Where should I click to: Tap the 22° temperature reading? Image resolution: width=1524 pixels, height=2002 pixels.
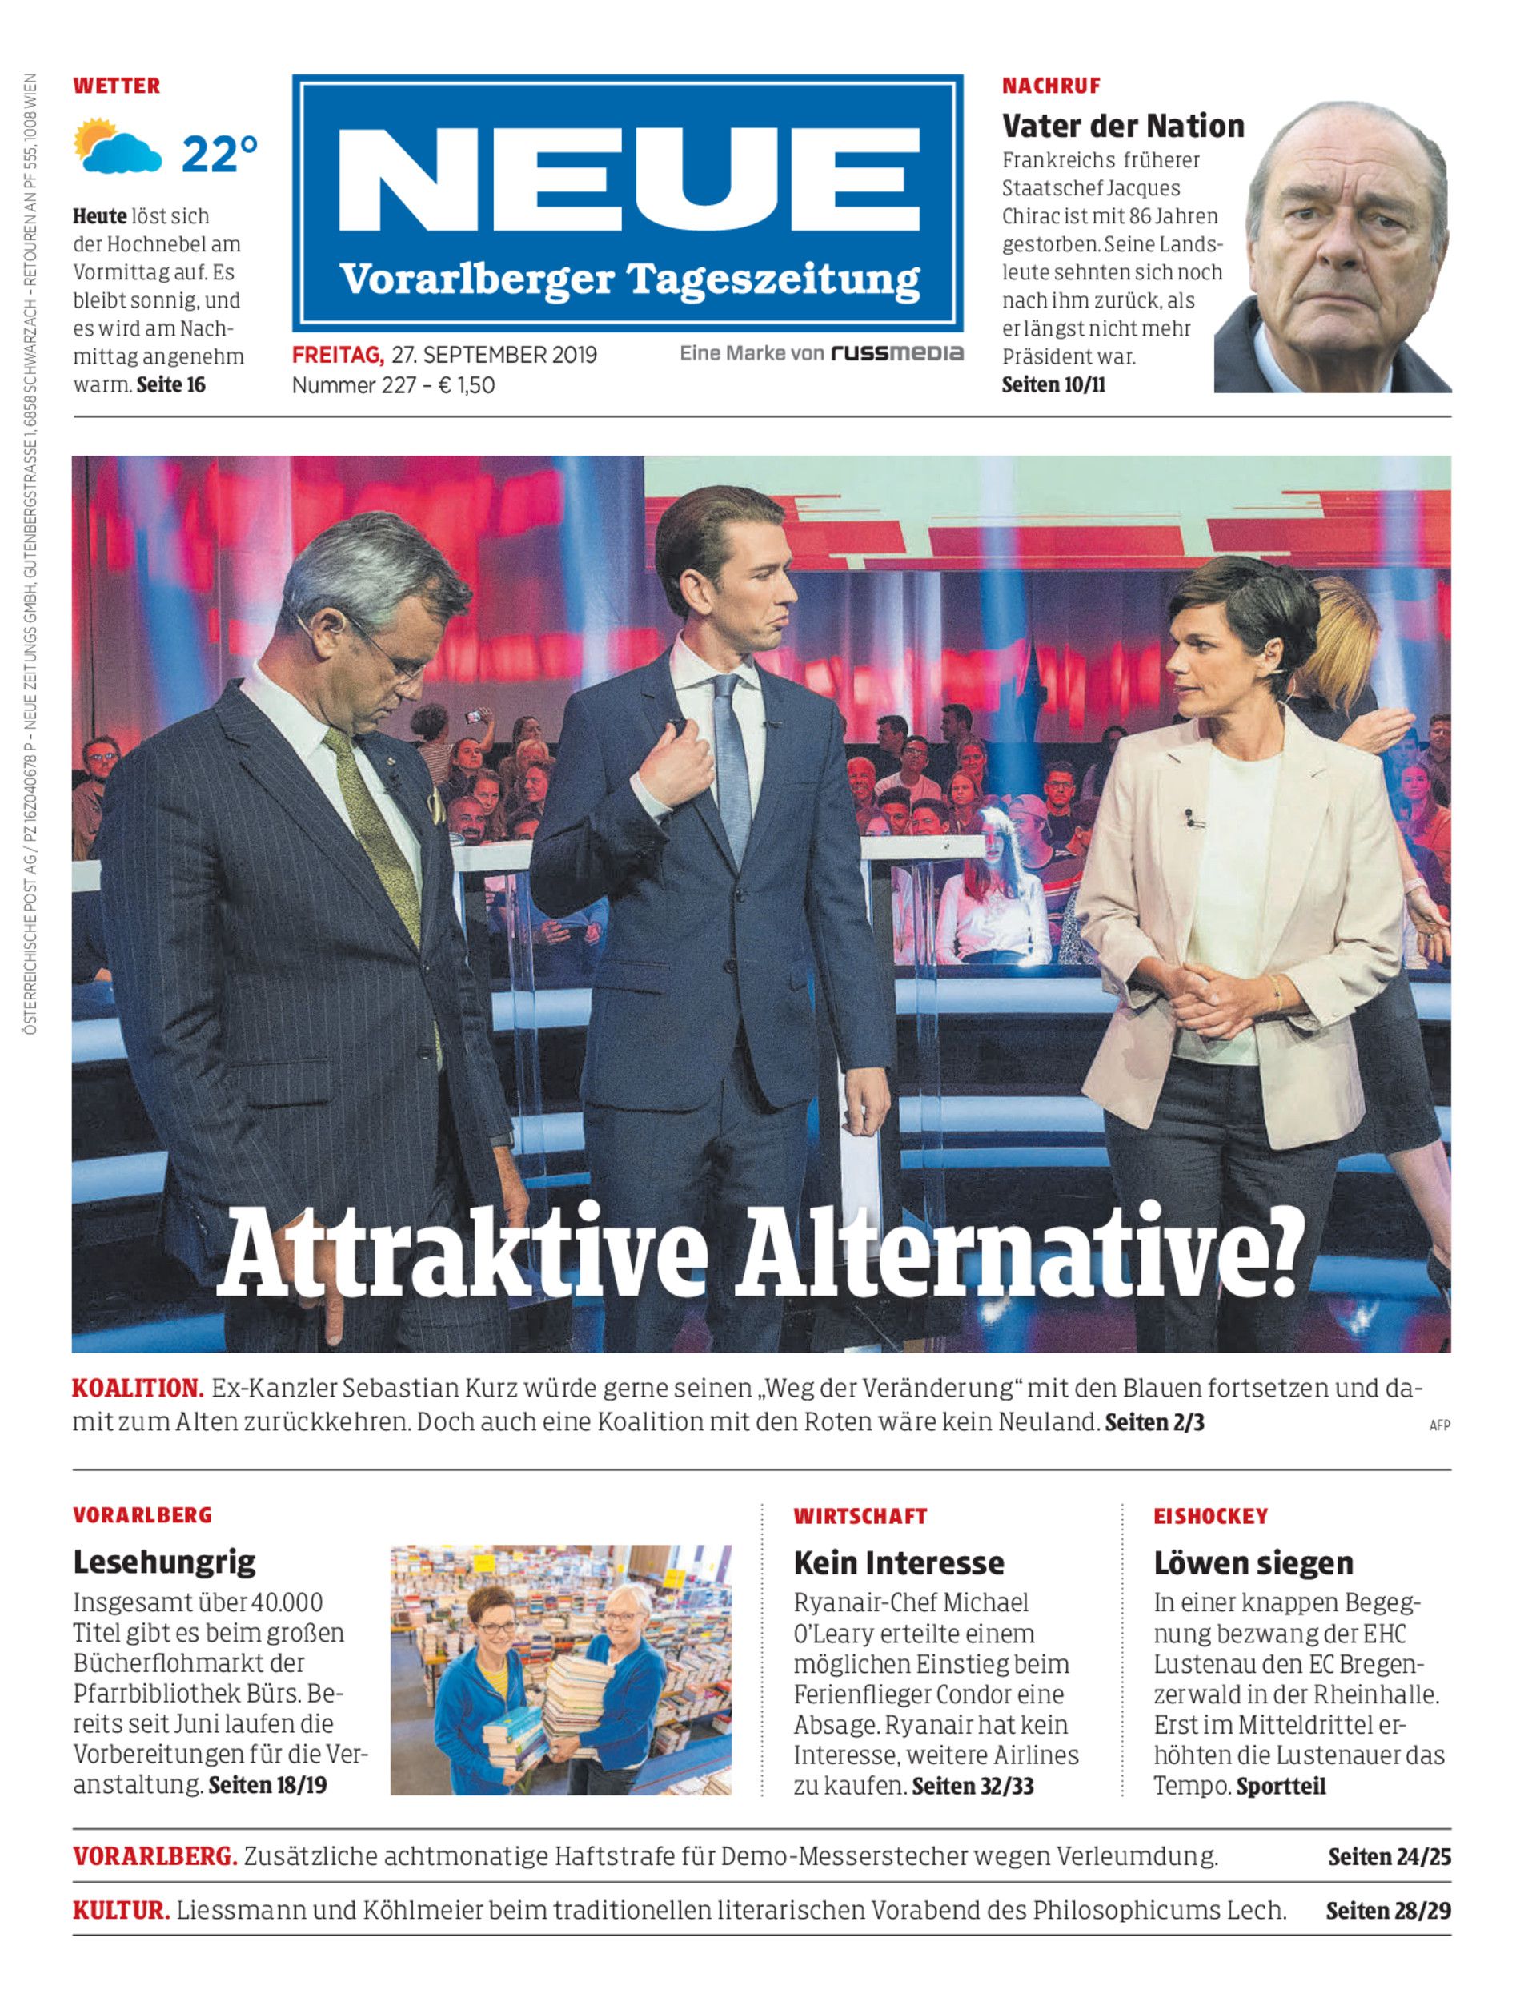(x=219, y=155)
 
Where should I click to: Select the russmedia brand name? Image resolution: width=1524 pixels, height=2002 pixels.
(x=896, y=353)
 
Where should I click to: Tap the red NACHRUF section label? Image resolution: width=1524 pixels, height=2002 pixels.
(x=1050, y=86)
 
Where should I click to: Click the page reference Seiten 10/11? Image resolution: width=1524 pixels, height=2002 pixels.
(x=1053, y=385)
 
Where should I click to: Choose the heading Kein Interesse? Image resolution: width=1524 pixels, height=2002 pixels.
(x=898, y=1562)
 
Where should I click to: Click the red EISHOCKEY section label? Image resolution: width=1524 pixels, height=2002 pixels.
(x=1210, y=1517)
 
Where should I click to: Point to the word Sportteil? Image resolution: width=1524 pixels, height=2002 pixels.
(x=1280, y=1786)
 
